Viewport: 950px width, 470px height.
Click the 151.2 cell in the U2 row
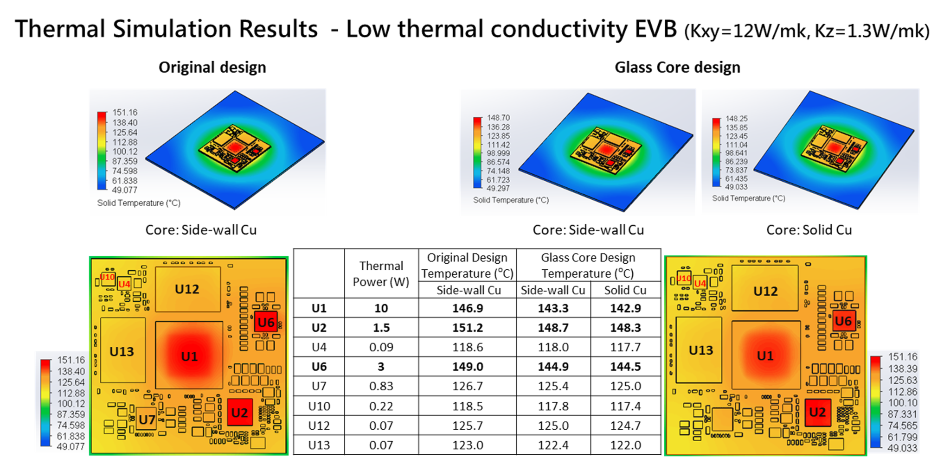pyautogui.click(x=467, y=328)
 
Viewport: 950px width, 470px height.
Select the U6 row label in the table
pyautogui.click(x=319, y=367)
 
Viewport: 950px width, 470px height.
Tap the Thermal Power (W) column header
pyautogui.click(x=381, y=274)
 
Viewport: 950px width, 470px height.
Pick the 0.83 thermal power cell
pyautogui.click(x=381, y=386)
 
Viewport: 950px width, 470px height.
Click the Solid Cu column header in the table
pyautogui.click(x=625, y=290)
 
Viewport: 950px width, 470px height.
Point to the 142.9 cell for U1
pyautogui.click(x=625, y=308)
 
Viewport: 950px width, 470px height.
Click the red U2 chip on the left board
pyautogui.click(x=240, y=413)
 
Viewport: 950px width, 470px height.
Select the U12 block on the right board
pyautogui.click(x=765, y=291)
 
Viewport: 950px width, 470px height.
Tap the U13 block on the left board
pyautogui.click(x=122, y=351)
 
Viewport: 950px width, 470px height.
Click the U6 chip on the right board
pyautogui.click(x=843, y=321)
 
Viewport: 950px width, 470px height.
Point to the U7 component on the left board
pyautogui.click(x=147, y=419)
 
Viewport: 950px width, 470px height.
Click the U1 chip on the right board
pyautogui.click(x=765, y=356)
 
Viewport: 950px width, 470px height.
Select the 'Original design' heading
pyautogui.click(x=212, y=67)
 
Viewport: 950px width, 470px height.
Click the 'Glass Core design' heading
pyautogui.click(x=677, y=67)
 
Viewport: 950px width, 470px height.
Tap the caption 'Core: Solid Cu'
pyautogui.click(x=809, y=230)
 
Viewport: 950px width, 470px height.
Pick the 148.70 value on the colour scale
pyautogui.click(x=498, y=118)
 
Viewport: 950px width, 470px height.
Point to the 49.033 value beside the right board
pyautogui.click(x=902, y=448)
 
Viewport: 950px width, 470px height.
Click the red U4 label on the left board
pyautogui.click(x=124, y=284)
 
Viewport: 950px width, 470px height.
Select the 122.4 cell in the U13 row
pyautogui.click(x=553, y=445)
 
